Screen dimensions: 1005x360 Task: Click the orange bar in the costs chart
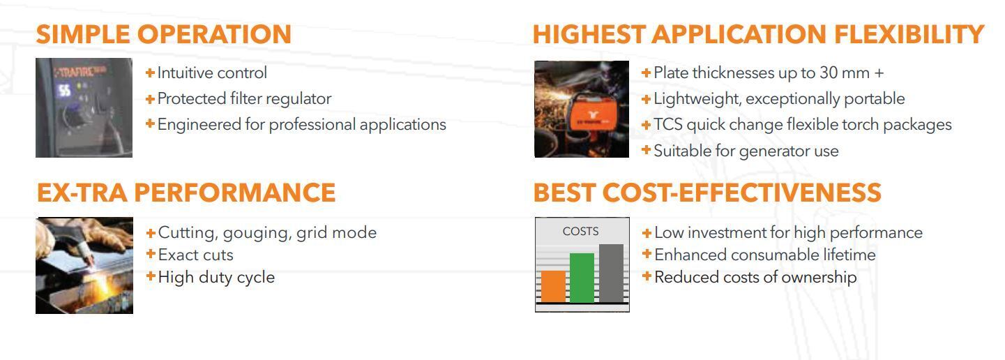(553, 286)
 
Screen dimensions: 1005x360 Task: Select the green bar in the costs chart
(582, 278)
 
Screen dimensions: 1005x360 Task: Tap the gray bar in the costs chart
(611, 273)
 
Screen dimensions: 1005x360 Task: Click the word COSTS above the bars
(580, 231)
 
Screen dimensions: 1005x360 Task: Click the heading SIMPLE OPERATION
(164, 34)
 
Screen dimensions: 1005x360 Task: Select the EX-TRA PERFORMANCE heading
(186, 193)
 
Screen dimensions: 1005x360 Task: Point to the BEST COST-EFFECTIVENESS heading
(707, 193)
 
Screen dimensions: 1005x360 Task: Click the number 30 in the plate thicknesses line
(829, 73)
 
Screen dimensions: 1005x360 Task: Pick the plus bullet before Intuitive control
(151, 73)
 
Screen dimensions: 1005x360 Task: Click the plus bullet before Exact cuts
(151, 254)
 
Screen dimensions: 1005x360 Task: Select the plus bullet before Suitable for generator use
(646, 149)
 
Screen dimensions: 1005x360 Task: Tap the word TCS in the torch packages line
(668, 124)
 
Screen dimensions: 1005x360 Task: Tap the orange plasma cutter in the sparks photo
(589, 116)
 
